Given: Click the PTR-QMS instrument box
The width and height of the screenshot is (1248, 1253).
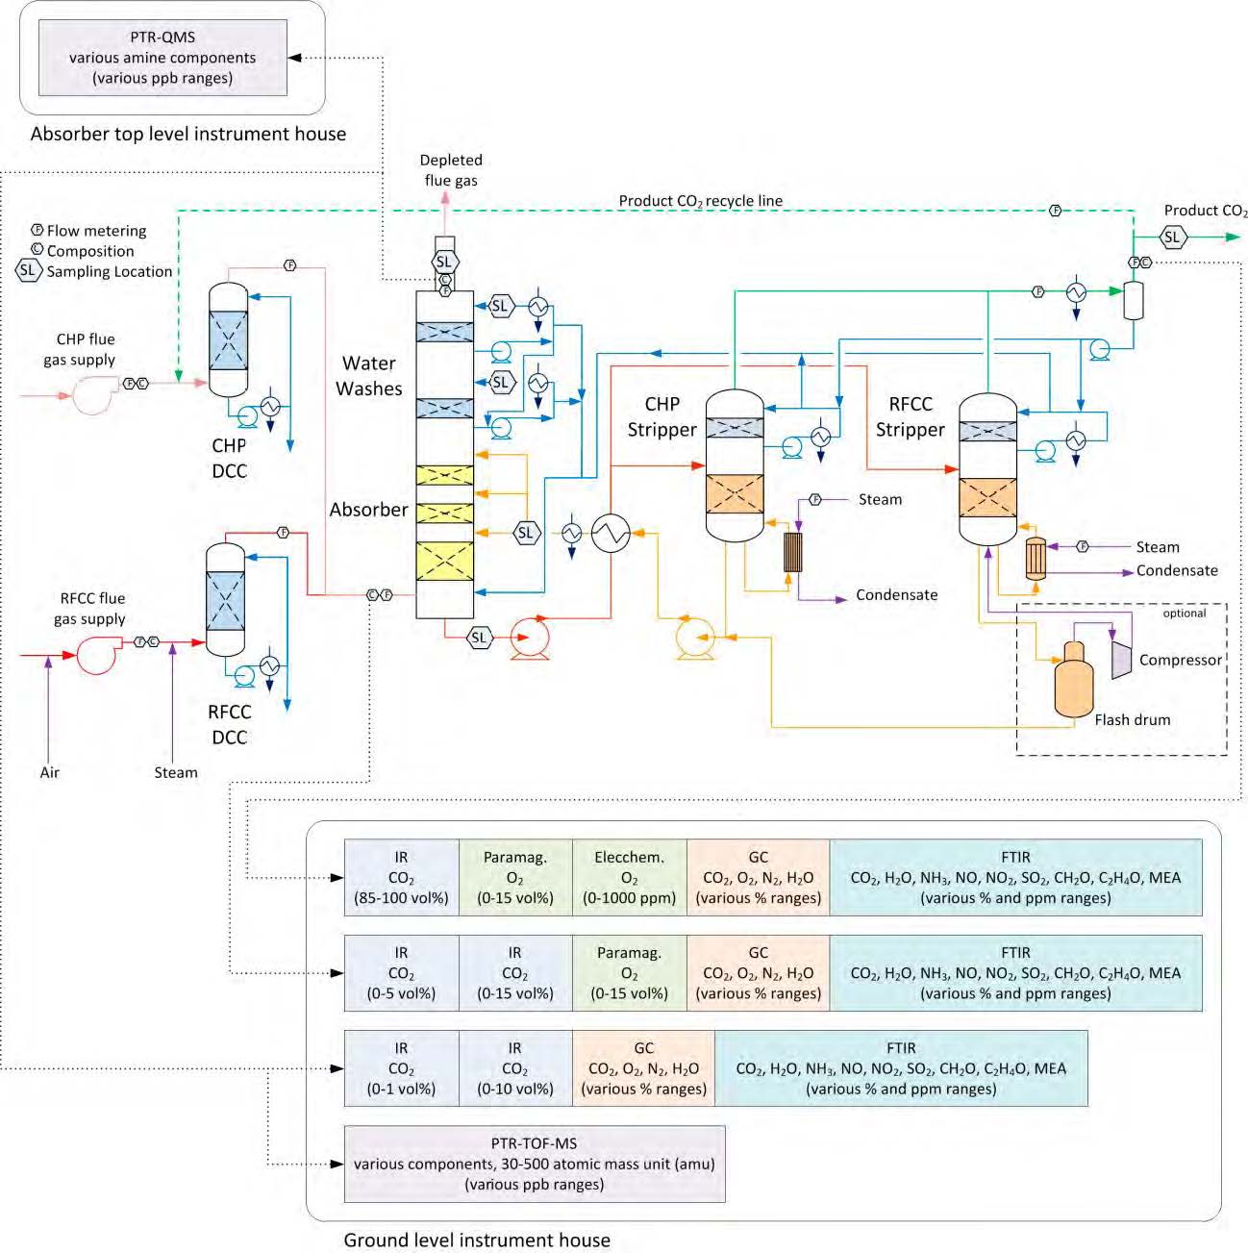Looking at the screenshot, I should pos(162,58).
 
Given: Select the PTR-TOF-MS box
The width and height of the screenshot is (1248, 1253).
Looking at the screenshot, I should pos(535,1164).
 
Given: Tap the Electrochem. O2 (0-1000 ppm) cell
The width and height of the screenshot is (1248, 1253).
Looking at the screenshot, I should pos(630,877).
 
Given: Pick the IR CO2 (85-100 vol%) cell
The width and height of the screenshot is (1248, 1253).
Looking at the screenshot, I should pos(401,877).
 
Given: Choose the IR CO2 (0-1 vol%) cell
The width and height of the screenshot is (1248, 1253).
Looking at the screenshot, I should pos(401,1068).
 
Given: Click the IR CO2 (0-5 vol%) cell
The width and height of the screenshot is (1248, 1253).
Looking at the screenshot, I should pos(401,973).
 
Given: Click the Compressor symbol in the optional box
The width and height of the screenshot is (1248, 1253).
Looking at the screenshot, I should pos(1121,659).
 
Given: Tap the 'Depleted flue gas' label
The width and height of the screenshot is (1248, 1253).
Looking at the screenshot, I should pos(451,170).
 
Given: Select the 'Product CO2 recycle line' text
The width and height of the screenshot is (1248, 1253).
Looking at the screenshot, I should pos(700,201).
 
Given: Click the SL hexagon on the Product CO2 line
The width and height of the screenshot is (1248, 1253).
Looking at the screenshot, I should pos(1171,237).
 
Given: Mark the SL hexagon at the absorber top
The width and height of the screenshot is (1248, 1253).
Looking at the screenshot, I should pos(443,262).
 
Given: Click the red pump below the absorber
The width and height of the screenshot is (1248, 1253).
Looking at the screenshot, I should pos(529,637).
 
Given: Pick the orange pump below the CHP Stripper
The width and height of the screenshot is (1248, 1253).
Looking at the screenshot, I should pos(695,638).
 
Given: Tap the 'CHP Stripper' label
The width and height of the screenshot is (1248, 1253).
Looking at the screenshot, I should pos(661,416).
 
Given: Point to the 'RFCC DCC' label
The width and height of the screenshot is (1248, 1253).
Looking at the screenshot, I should pos(229,724).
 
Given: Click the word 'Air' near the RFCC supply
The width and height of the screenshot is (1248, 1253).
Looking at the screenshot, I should pos(50,772).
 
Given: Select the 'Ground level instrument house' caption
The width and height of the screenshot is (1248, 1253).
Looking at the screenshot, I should pos(477,1240).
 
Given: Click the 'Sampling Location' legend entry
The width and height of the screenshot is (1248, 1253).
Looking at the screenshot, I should pos(110,271).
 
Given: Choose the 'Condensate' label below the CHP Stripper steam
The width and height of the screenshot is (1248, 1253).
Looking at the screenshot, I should pos(896,595).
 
